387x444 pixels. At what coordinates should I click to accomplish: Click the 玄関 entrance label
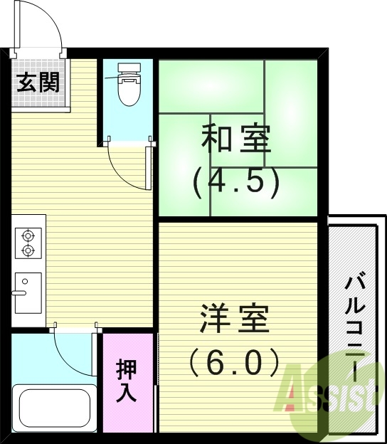(x=38, y=83)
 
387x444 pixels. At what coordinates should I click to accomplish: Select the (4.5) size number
(x=236, y=182)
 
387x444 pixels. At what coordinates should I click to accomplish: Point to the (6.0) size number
(x=235, y=364)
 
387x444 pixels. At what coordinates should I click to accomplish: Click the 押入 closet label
(x=127, y=382)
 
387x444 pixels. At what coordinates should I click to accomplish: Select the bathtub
(x=54, y=407)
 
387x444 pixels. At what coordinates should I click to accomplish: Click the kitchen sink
(x=28, y=292)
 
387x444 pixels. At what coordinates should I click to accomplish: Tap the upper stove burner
(x=28, y=235)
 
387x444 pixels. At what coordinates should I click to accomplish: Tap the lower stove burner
(x=28, y=250)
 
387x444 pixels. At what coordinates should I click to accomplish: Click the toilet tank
(x=128, y=70)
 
